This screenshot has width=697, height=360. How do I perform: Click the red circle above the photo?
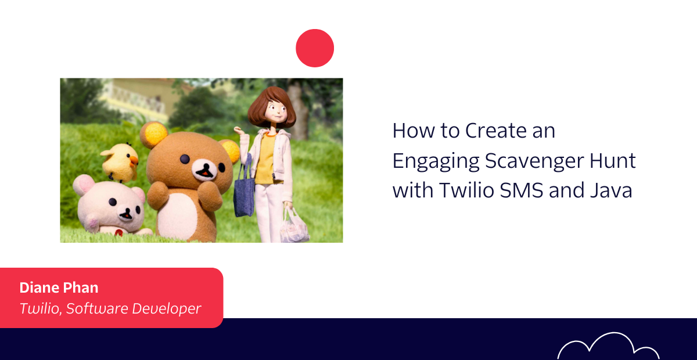(x=315, y=48)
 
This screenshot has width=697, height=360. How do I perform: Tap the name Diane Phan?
(x=59, y=287)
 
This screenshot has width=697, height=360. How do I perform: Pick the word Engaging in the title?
(x=436, y=162)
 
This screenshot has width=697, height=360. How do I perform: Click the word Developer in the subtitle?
(x=167, y=309)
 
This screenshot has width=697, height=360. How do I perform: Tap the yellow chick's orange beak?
(x=134, y=161)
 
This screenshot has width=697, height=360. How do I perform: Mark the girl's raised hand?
(x=239, y=131)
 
